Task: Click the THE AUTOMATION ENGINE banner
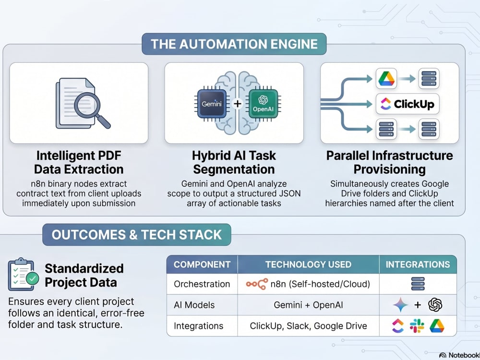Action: coord(234,44)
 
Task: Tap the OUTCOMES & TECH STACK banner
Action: coord(136,235)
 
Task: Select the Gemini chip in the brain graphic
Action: coord(212,104)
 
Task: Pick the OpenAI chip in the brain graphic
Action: coord(263,104)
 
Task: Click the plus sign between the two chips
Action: coord(237,104)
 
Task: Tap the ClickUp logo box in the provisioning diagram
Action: coord(408,104)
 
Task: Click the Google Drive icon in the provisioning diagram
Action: coord(386,79)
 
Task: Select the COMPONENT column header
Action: coord(202,264)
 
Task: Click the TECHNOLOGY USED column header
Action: coord(308,264)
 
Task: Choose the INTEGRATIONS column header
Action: coord(418,264)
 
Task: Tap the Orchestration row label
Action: coord(202,284)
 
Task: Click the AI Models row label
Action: coord(194,305)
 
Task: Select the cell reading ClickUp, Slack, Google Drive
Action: coord(308,326)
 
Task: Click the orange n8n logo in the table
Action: coord(257,284)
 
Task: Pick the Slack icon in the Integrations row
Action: coord(417,326)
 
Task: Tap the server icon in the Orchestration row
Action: coord(418,284)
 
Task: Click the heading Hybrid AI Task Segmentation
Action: coord(234,162)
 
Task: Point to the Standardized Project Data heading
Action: coord(84,275)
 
